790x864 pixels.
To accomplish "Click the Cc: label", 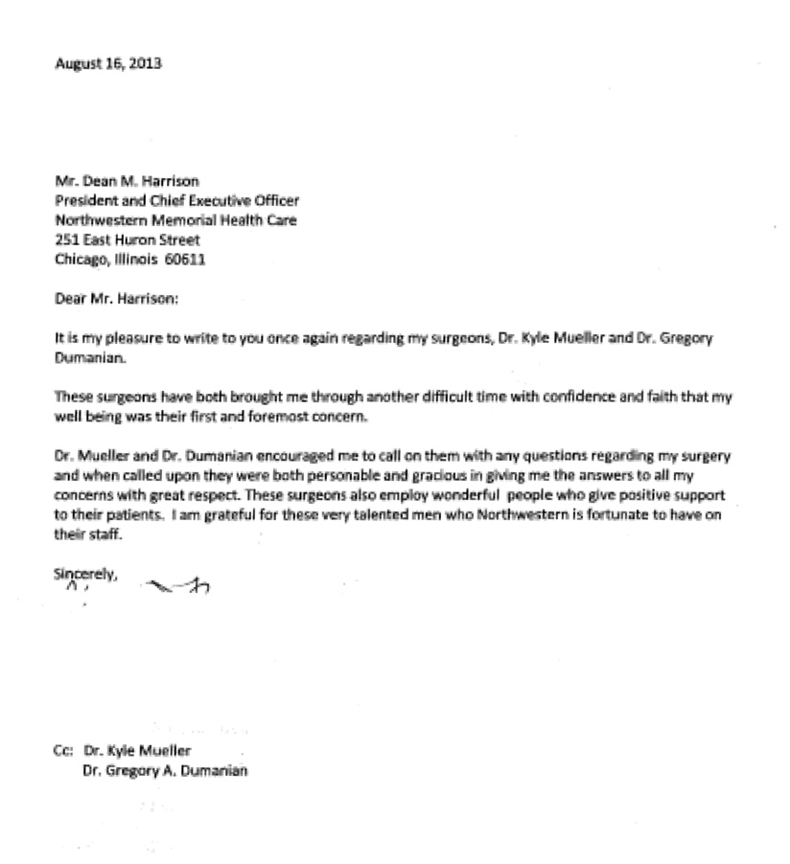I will [x=63, y=752].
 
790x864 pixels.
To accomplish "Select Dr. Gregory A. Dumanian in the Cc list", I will [x=166, y=770].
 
